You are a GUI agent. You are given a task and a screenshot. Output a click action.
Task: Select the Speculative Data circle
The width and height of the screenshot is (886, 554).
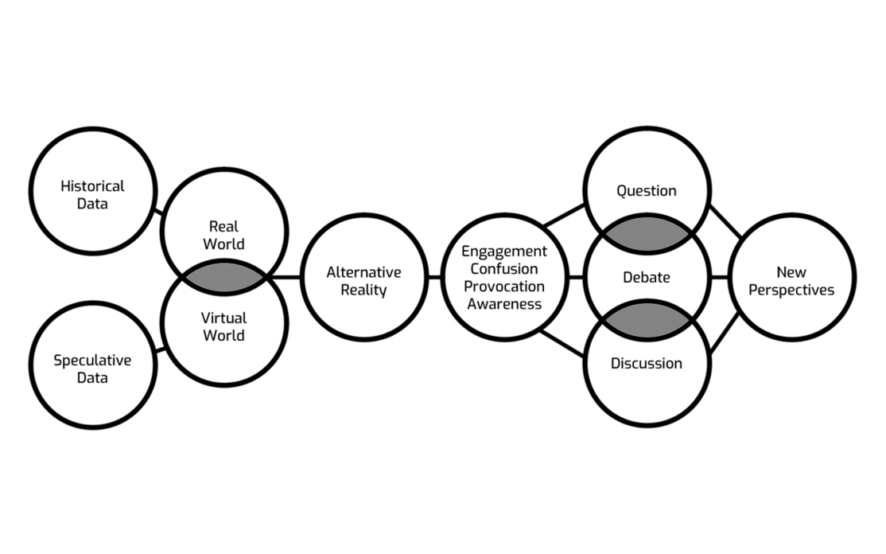tap(93, 367)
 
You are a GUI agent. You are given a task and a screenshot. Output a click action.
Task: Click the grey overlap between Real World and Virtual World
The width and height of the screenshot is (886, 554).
tap(223, 278)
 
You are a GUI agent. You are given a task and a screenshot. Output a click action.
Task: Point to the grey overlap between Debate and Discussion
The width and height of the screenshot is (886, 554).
tap(647, 321)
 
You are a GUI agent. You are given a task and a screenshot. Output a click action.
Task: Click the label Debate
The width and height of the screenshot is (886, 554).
tap(647, 278)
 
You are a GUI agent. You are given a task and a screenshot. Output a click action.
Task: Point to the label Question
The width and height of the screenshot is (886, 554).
tap(647, 191)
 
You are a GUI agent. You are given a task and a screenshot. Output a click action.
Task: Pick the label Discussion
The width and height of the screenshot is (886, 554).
tap(647, 364)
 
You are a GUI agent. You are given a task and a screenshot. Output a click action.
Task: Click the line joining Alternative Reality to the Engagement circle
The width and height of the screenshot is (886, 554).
tap(433, 278)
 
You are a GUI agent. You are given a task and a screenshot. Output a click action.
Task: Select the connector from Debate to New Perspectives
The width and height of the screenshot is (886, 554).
tap(719, 278)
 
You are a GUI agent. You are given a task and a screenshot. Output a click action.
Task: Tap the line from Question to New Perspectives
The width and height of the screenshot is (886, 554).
tap(725, 220)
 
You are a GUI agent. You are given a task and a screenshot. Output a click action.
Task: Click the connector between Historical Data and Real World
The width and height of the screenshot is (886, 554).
tap(159, 213)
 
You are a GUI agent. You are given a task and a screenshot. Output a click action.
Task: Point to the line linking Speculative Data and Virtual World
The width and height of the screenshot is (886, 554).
tap(159, 348)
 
